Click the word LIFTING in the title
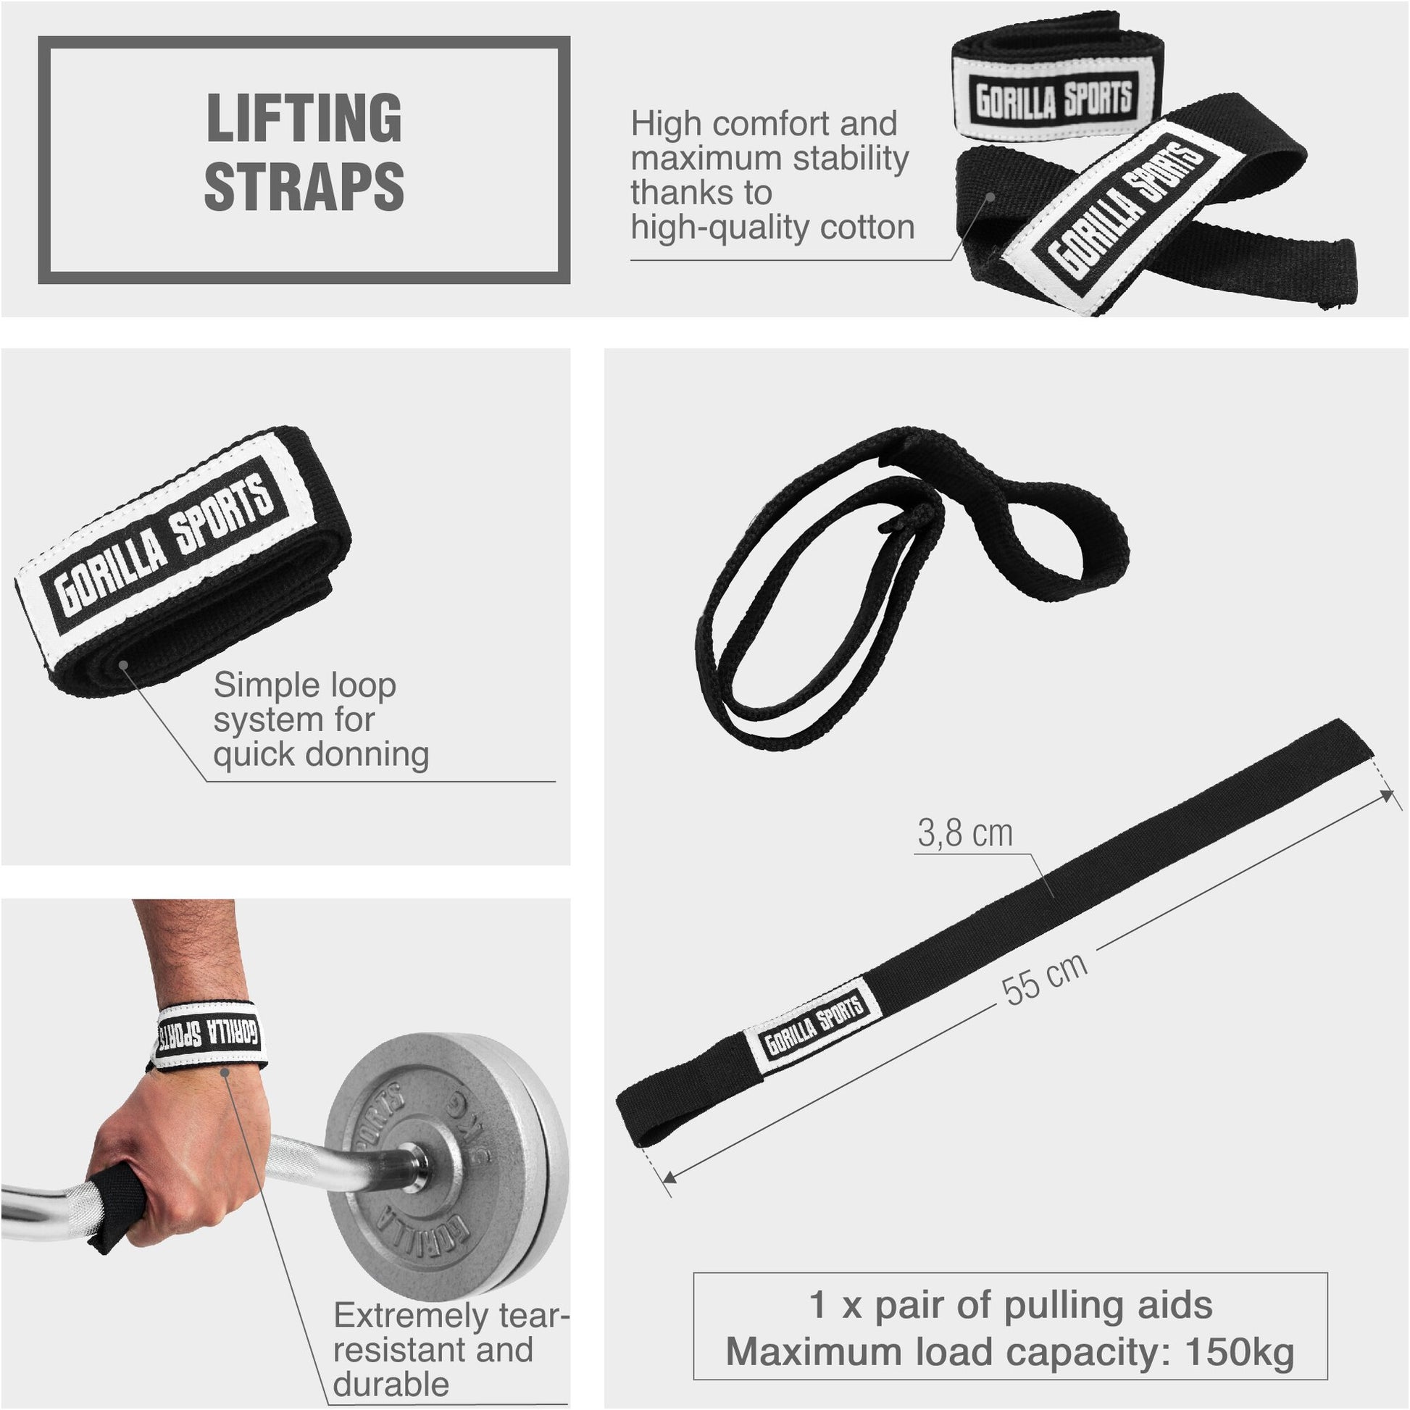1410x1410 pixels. click(x=304, y=118)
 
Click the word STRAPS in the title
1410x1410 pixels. click(x=304, y=186)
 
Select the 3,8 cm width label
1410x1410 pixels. click(x=965, y=833)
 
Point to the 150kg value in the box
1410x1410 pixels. click(x=1240, y=1352)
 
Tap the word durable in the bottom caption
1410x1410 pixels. click(x=391, y=1385)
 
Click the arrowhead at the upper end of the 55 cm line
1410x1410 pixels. click(x=1385, y=796)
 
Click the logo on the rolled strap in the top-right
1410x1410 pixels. click(x=1054, y=100)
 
